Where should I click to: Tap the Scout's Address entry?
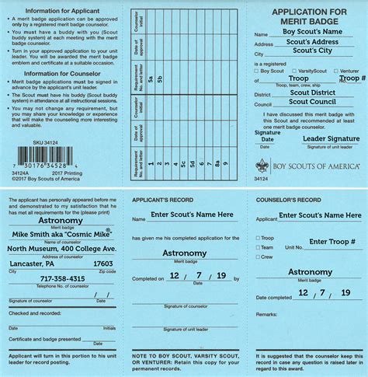coord(310,42)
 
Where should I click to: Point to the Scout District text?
coord(311,93)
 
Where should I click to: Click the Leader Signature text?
coord(331,138)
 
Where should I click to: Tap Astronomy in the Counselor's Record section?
coord(311,272)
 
